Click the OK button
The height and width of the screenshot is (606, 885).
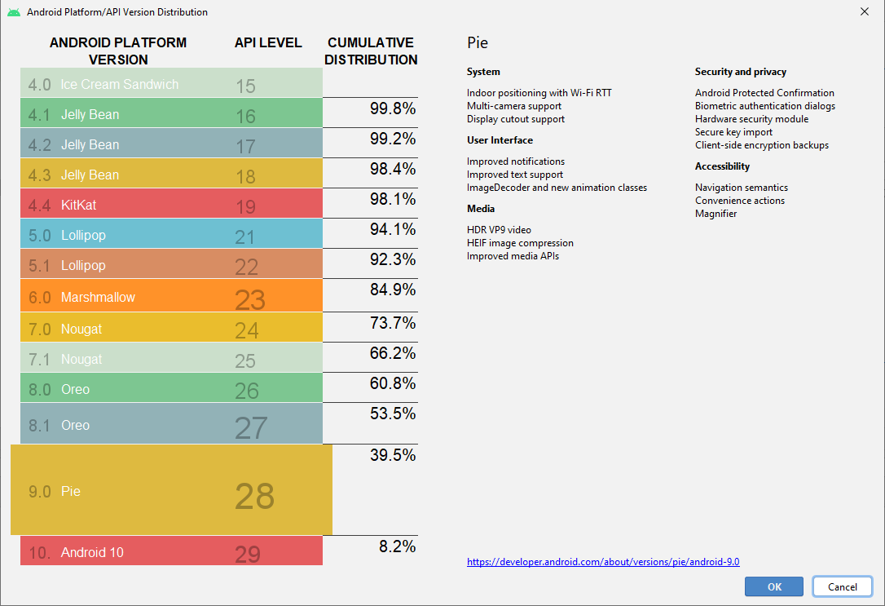pyautogui.click(x=774, y=586)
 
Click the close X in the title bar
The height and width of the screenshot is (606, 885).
pyautogui.click(x=864, y=11)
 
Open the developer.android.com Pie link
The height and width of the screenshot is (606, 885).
pyautogui.click(x=603, y=562)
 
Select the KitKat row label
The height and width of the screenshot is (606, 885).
pyautogui.click(x=78, y=205)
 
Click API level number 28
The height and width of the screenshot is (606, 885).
pyautogui.click(x=254, y=496)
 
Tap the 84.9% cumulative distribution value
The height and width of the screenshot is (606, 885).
pyautogui.click(x=393, y=290)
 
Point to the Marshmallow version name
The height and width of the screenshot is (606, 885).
pyautogui.click(x=98, y=297)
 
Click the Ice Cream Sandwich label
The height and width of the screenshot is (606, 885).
pyautogui.click(x=119, y=84)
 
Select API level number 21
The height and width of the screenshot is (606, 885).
pyautogui.click(x=245, y=237)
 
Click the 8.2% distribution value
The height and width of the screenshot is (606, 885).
pyautogui.click(x=397, y=546)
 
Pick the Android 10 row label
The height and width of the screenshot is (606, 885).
pyautogui.click(x=92, y=552)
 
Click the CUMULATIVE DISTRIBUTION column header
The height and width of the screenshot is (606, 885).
pyautogui.click(x=372, y=51)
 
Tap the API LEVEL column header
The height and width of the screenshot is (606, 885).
pyautogui.click(x=268, y=42)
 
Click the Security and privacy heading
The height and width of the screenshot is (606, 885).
pyautogui.click(x=740, y=72)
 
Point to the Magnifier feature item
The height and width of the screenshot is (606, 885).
pyautogui.click(x=715, y=214)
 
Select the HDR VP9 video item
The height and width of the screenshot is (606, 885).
pyautogui.click(x=499, y=230)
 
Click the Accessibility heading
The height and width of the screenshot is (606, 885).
pyautogui.click(x=722, y=166)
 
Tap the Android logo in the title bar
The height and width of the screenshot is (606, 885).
pyautogui.click(x=14, y=12)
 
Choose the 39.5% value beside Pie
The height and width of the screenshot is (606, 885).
pyautogui.click(x=393, y=455)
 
